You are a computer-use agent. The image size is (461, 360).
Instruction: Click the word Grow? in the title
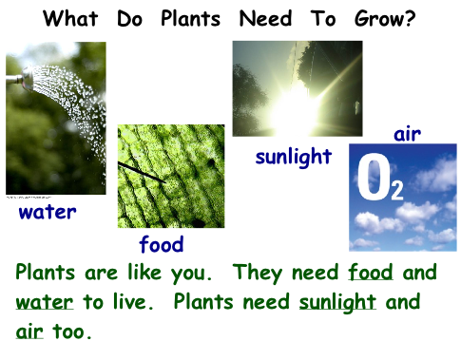(x=385, y=19)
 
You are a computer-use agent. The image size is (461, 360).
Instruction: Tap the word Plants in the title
(x=190, y=18)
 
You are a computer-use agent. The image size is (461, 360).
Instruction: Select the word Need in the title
(x=265, y=18)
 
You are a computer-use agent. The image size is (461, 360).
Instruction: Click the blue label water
(x=48, y=212)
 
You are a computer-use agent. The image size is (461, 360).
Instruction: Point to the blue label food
(x=162, y=244)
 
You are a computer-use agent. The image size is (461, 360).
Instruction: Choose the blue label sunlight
(x=294, y=157)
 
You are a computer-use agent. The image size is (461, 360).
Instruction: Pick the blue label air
(x=407, y=135)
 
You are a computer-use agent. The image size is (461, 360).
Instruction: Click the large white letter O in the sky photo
(x=375, y=177)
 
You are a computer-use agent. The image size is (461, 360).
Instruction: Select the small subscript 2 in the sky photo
(x=397, y=190)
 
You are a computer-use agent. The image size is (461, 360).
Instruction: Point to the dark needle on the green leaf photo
(x=142, y=172)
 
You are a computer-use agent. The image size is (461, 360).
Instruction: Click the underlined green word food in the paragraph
(x=371, y=272)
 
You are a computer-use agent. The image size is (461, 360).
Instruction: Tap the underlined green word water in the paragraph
(x=45, y=302)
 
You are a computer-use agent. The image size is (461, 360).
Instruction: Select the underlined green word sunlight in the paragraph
(x=337, y=302)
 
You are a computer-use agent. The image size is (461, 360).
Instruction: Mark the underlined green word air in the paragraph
(x=29, y=332)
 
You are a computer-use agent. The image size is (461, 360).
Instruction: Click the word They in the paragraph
(x=259, y=273)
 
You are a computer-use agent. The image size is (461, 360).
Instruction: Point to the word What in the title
(x=70, y=18)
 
